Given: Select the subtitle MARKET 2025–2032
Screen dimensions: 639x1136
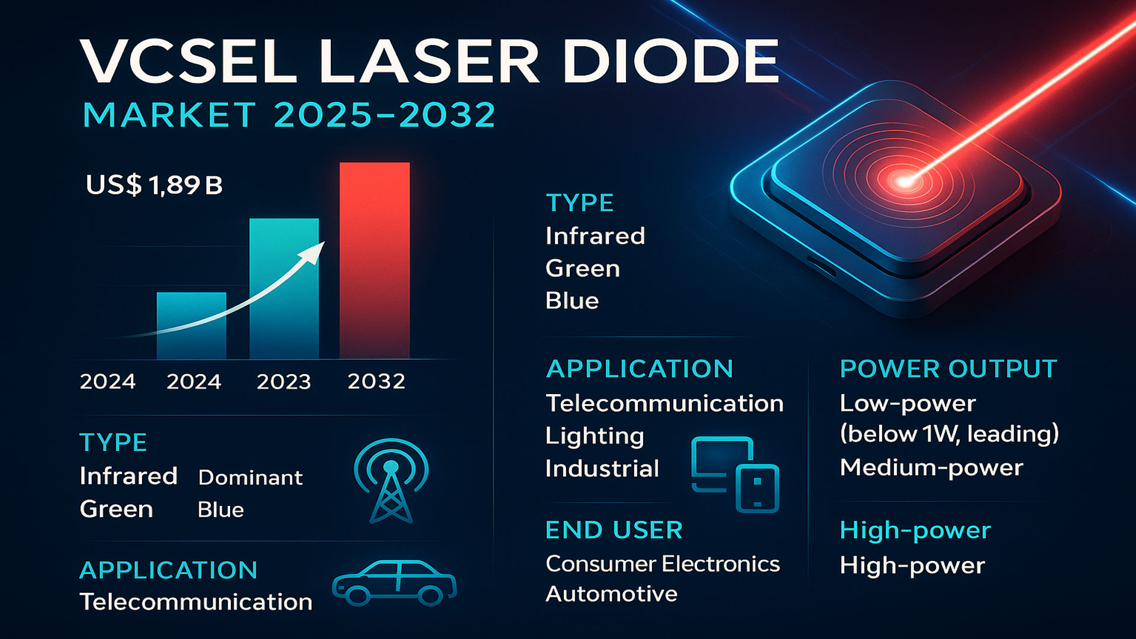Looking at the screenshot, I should click(289, 115).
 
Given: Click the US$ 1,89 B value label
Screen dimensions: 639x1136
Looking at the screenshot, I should click(154, 185).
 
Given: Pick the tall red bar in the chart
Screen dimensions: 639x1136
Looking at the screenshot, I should click(374, 260).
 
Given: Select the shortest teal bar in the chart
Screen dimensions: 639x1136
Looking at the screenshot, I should click(191, 325).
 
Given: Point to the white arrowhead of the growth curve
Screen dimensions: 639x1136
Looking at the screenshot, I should click(314, 251).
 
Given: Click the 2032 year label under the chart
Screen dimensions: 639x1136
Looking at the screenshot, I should click(376, 382).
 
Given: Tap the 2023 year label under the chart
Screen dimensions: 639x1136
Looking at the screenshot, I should click(283, 382).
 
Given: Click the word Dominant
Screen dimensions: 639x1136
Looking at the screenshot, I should click(250, 477).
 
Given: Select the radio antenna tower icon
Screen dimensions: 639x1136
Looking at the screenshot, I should click(390, 480).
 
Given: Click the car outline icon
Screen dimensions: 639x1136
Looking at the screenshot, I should click(394, 583).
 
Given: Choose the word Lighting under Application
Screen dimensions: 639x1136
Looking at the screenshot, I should click(594, 436).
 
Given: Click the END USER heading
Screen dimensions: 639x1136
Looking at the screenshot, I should click(614, 530).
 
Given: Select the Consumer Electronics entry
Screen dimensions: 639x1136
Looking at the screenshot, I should click(662, 564).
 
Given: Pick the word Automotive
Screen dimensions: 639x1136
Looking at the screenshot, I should click(611, 593).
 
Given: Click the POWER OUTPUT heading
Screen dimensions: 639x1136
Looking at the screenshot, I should click(948, 369).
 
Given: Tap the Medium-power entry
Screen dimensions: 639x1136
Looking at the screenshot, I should click(931, 467).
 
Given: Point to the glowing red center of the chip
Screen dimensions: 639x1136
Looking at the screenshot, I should click(903, 181).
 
